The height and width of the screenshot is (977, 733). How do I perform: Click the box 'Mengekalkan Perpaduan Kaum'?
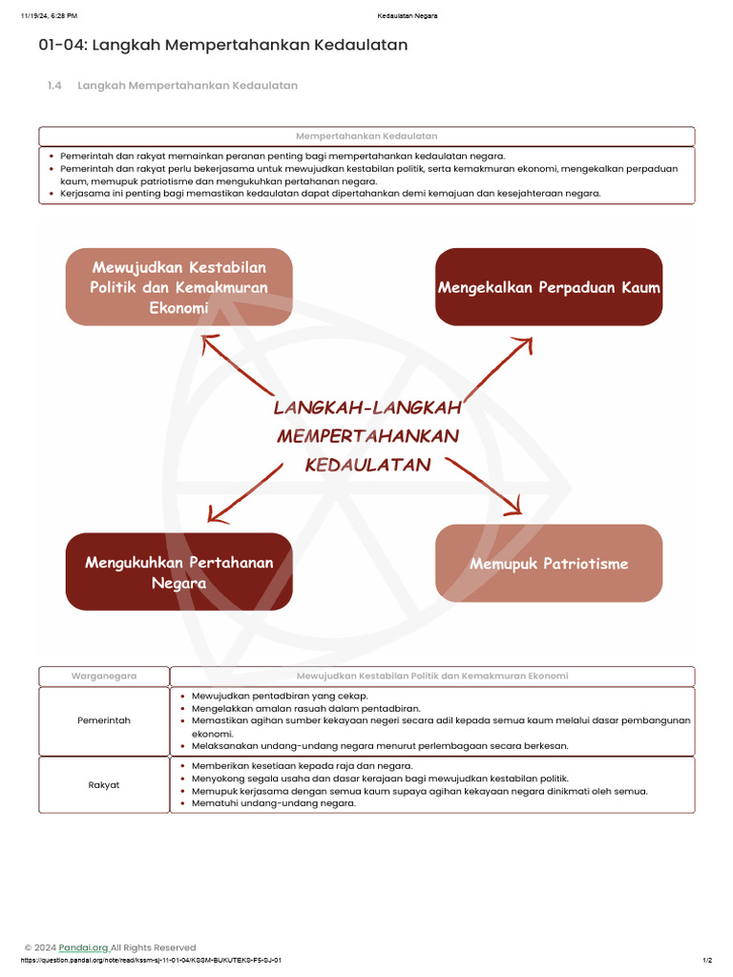click(x=549, y=287)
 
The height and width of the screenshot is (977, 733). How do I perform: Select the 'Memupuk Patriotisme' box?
click(x=549, y=563)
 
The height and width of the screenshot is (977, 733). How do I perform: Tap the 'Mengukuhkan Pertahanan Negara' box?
click(x=178, y=572)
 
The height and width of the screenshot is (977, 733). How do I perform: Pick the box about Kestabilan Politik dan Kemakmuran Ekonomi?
click(x=178, y=286)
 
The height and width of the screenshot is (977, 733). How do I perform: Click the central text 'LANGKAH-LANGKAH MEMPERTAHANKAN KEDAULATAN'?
click(x=367, y=436)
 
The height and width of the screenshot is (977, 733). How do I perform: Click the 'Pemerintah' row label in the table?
click(x=104, y=720)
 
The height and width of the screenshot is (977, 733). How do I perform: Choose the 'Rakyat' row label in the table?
click(x=104, y=784)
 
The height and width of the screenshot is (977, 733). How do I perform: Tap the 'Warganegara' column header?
click(x=104, y=676)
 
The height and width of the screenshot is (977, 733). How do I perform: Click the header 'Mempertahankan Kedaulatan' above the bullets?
click(x=366, y=136)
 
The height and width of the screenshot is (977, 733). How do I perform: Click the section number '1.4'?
click(x=54, y=86)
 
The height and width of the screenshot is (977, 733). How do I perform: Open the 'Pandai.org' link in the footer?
click(x=83, y=947)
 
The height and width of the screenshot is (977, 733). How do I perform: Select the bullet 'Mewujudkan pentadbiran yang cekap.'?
click(x=280, y=696)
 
